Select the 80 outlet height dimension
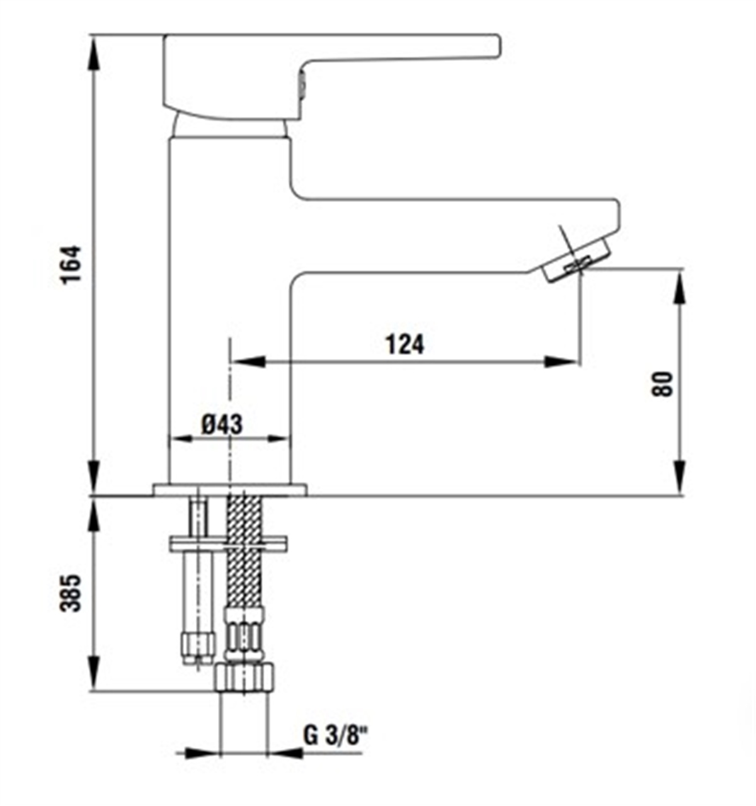(x=663, y=383)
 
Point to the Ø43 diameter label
(x=222, y=424)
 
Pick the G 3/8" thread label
(x=335, y=735)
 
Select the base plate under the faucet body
(x=229, y=490)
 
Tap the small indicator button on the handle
(x=301, y=84)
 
